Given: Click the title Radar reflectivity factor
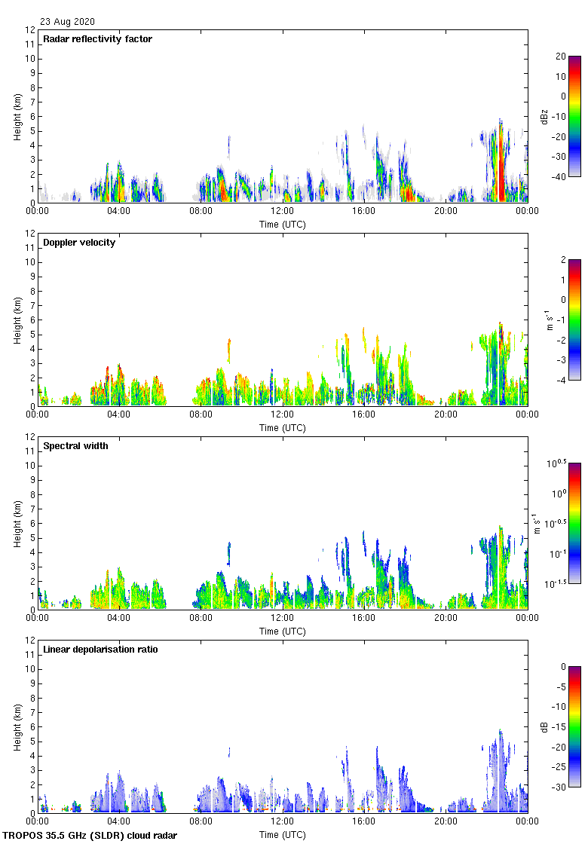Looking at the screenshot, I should point(97,39).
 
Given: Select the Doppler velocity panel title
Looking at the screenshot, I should point(79,243).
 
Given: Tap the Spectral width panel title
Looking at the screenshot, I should point(77,446).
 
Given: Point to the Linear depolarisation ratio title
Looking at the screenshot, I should point(100,650).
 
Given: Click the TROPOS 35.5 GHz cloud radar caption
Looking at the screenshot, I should point(90,836).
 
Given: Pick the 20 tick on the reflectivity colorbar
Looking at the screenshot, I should point(561,57).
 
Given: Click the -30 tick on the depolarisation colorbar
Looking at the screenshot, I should point(561,787).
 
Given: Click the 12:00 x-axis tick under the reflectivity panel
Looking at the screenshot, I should point(283,212).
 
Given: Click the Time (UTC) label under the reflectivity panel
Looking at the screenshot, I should point(283,225).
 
